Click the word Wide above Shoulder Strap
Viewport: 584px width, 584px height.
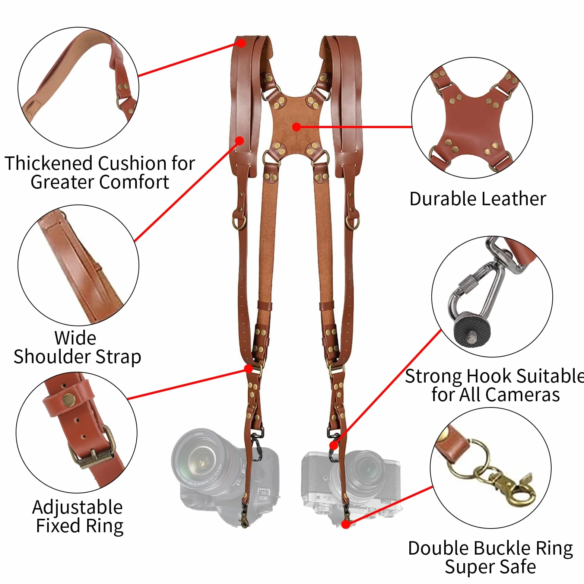75,338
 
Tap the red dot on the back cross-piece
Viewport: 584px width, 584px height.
296,127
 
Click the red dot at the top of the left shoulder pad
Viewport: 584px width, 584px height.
241,43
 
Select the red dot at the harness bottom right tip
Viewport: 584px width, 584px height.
346,524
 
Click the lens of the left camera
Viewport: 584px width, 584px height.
201,459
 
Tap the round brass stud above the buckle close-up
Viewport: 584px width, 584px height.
69,400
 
